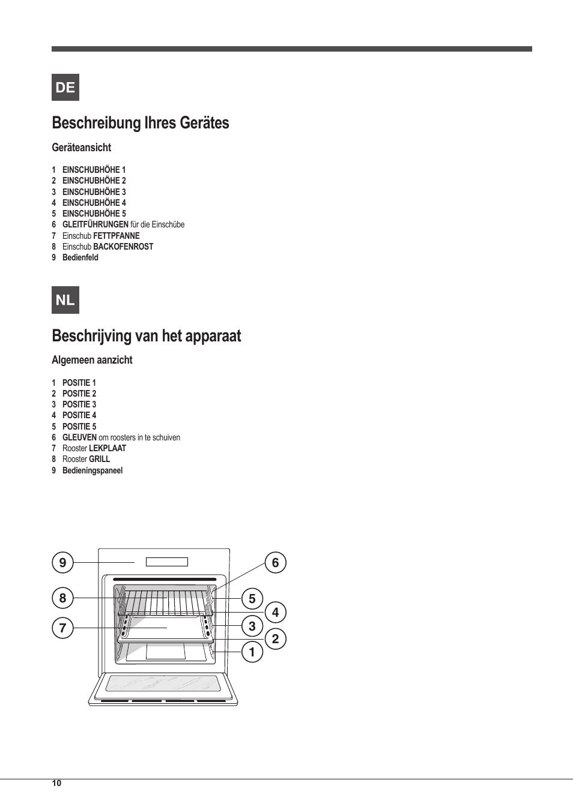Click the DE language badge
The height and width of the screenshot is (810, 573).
pos(65,88)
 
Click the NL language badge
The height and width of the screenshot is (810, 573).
pos(65,300)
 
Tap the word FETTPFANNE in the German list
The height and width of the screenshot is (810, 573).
pos(117,236)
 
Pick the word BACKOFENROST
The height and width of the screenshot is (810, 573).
pos(123,247)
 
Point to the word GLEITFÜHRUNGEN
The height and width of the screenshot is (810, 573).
pos(95,224)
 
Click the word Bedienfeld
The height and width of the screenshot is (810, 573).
pos(80,257)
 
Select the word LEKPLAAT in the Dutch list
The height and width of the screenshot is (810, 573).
pos(108,448)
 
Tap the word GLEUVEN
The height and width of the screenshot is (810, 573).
pos(79,437)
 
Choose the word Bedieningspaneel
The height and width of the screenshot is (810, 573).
pos(92,470)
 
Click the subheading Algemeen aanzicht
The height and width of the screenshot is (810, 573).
pos(92,360)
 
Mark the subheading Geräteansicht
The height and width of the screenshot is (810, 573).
pos(82,148)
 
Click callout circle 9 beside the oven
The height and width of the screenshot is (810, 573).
pos(62,563)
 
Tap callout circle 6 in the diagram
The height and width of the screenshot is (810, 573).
pos(276,563)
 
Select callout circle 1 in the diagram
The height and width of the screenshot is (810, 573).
pos(252,652)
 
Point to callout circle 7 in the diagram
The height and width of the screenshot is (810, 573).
pos(62,628)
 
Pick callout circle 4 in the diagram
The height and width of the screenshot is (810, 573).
pos(276,613)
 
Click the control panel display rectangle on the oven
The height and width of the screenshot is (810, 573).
pos(167,562)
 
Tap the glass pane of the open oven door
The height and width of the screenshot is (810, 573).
pos(163,683)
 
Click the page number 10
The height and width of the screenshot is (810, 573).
pos(56,783)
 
